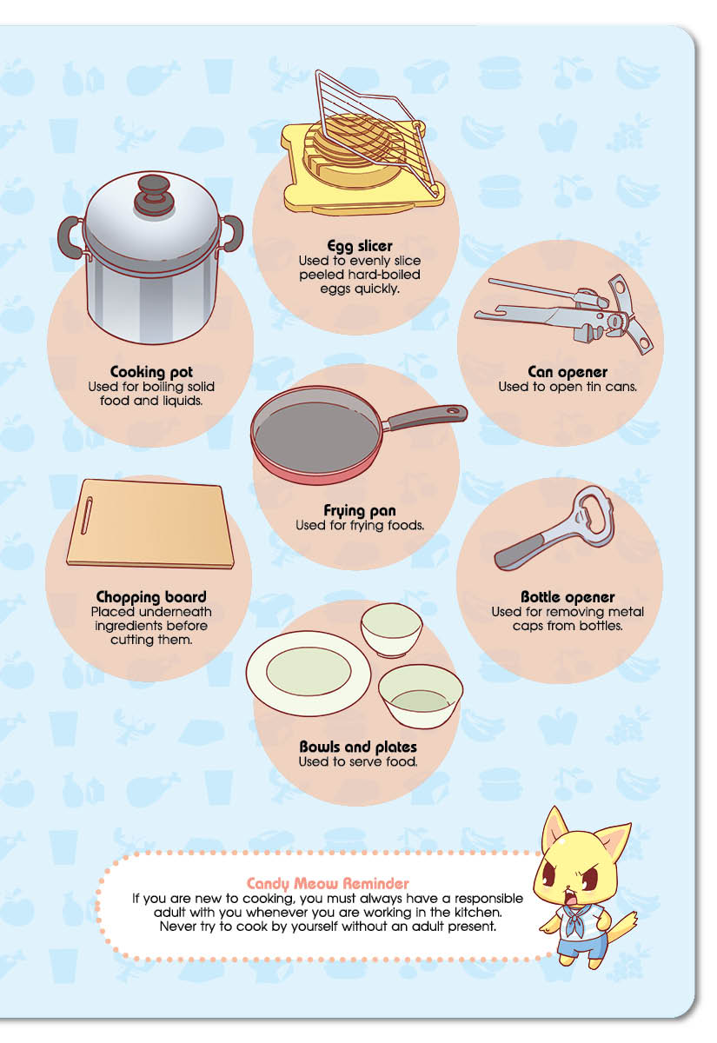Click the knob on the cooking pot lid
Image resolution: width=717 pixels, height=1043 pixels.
tap(153, 195)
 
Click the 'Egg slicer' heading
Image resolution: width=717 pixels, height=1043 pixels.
tap(360, 246)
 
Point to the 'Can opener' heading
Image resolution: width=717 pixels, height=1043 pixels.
tap(568, 372)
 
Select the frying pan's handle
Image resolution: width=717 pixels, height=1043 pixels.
tap(425, 417)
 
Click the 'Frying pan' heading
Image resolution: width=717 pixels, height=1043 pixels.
tap(360, 511)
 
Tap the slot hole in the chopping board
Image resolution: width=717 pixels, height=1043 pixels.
tap(87, 515)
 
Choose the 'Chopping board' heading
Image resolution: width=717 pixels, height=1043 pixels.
tap(151, 597)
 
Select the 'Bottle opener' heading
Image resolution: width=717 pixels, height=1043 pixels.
tap(568, 597)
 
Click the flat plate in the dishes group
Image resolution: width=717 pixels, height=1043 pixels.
tap(309, 673)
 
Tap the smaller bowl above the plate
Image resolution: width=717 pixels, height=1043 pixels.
tap(392, 630)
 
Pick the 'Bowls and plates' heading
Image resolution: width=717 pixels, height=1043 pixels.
tap(358, 747)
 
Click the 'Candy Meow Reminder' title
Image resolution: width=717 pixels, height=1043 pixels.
tap(328, 883)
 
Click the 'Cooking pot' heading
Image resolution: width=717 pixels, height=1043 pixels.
tap(151, 372)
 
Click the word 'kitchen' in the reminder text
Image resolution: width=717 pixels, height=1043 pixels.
tap(479, 912)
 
